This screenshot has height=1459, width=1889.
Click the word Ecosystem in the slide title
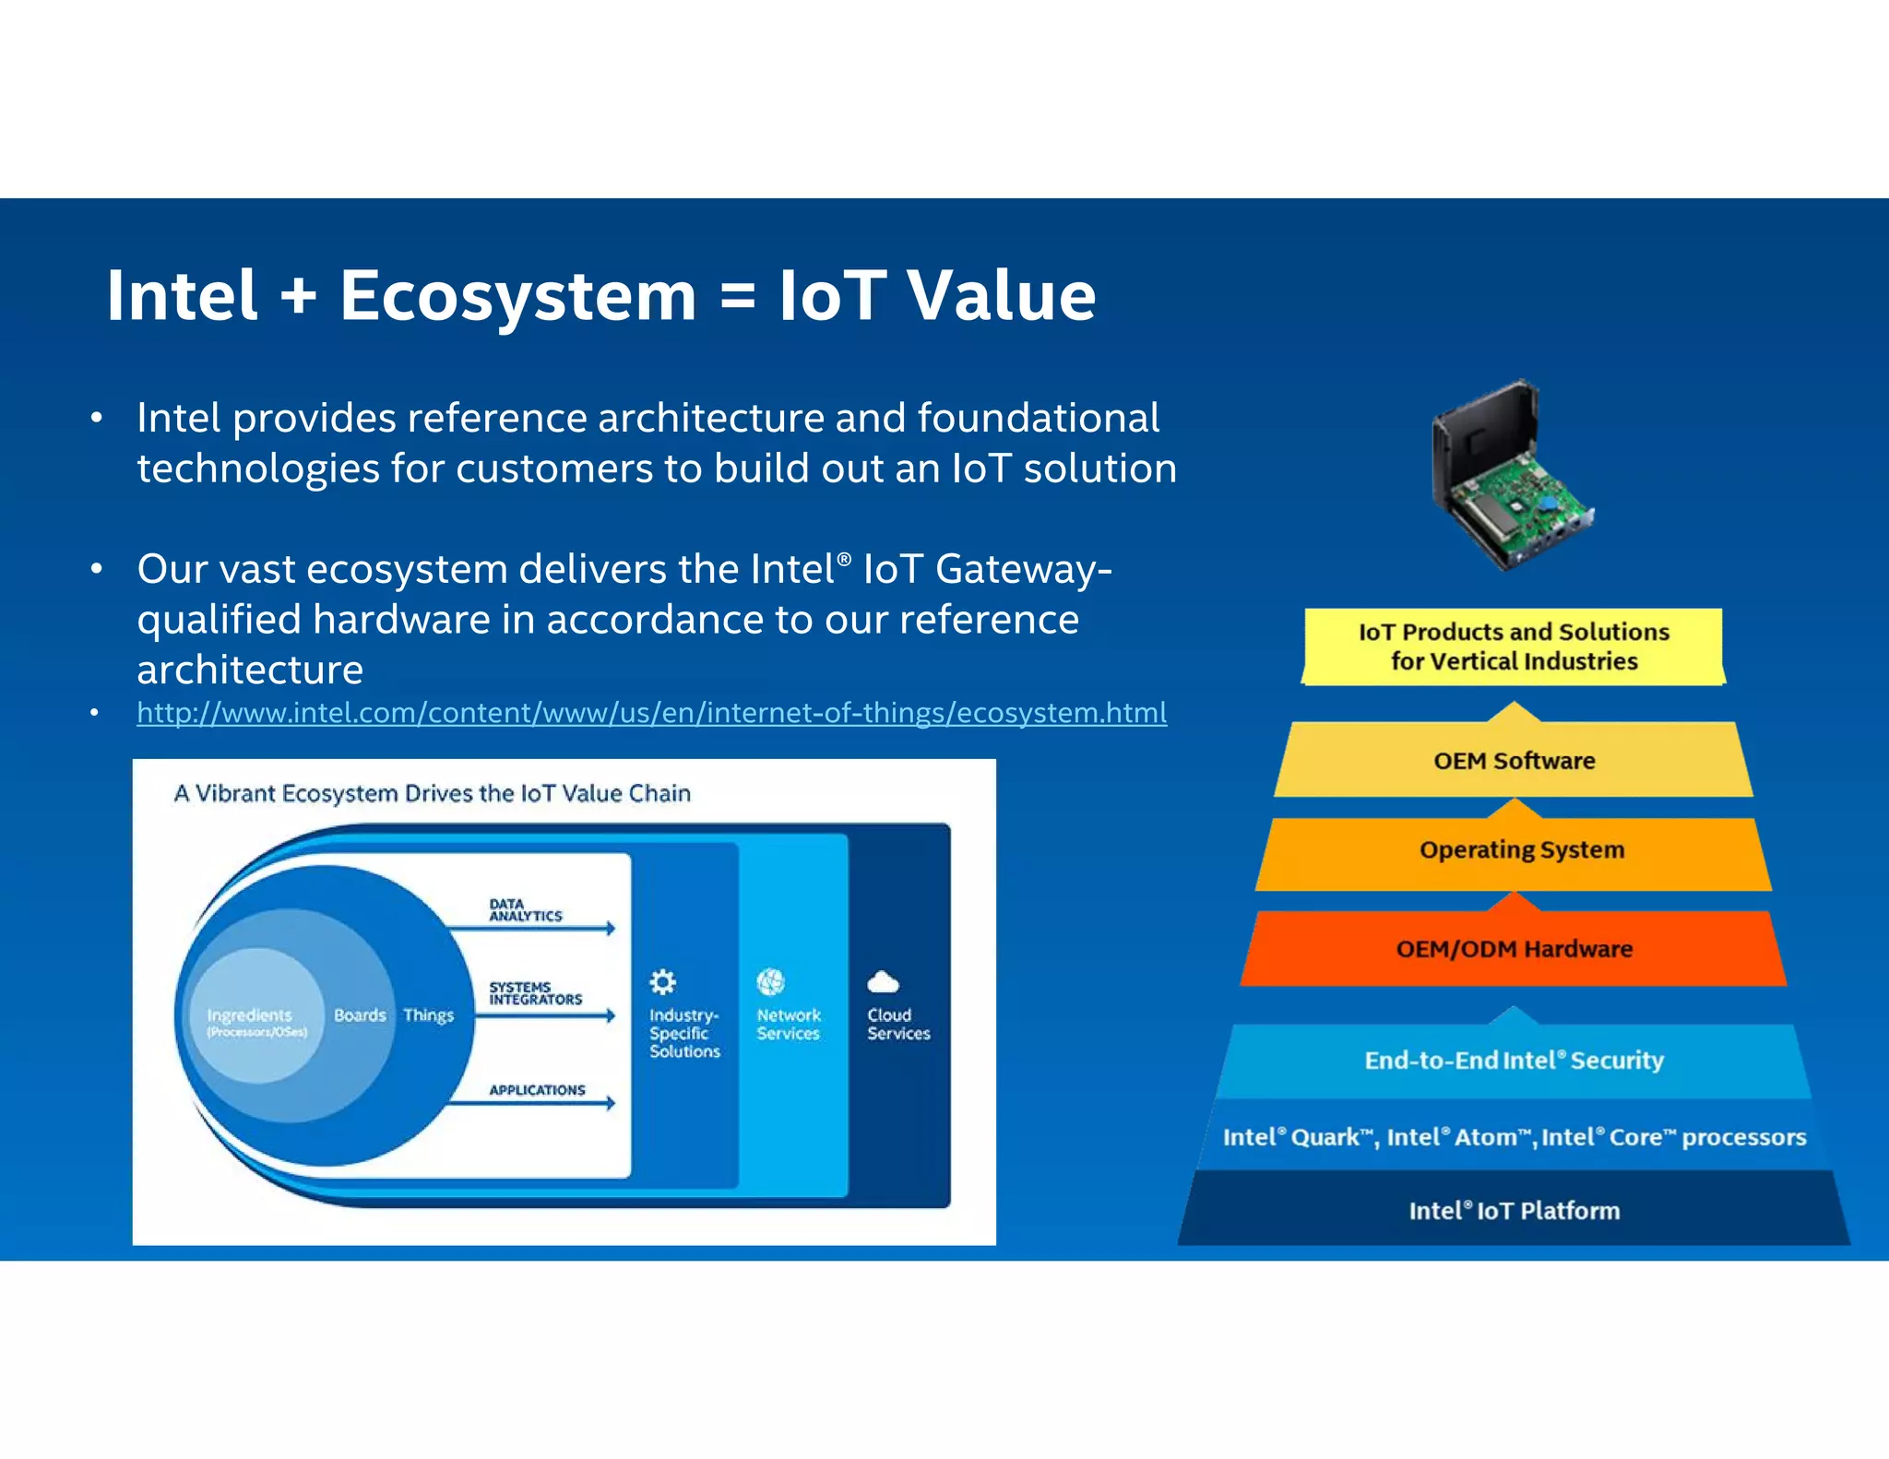[517, 296]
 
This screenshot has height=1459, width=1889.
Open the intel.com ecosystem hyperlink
[651, 713]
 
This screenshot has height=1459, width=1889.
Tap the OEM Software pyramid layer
[1514, 761]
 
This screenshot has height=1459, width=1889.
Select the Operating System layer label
[1521, 849]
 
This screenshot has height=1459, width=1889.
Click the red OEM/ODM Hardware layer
[1514, 949]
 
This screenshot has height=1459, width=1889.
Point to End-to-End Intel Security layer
[1514, 1061]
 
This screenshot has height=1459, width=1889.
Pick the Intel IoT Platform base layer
[1514, 1211]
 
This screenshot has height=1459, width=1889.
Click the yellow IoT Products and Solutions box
[1514, 646]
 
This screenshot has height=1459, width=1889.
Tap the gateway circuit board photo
[1513, 475]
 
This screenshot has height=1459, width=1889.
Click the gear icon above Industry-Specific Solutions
[662, 981]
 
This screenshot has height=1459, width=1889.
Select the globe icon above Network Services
[770, 981]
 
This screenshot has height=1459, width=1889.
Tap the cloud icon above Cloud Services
[883, 981]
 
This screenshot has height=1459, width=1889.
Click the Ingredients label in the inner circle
[250, 1015]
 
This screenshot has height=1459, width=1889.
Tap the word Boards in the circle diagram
[360, 1015]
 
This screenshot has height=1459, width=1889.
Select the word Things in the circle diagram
[429, 1015]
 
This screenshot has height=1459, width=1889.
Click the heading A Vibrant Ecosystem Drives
[432, 793]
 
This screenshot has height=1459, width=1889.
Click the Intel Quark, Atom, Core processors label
[1514, 1137]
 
